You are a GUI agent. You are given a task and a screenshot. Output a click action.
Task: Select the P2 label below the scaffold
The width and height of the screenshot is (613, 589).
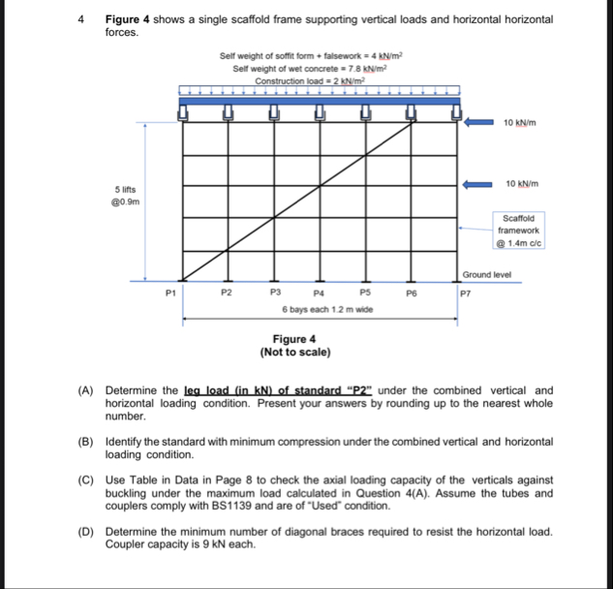click(x=227, y=291)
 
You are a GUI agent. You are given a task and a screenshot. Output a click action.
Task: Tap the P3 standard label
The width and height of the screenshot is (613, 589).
click(x=275, y=291)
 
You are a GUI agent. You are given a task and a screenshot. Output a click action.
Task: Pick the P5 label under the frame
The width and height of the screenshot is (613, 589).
click(x=365, y=291)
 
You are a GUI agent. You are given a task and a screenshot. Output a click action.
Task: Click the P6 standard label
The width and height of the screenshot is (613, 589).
click(x=411, y=291)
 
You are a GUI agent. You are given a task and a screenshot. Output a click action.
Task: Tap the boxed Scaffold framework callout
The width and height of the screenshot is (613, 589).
click(x=521, y=232)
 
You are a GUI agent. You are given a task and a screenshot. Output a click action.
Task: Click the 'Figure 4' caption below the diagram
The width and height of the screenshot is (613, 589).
click(x=294, y=339)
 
